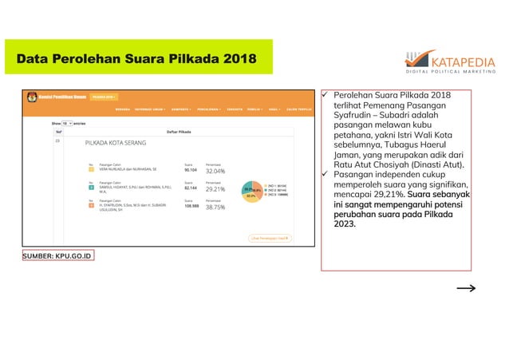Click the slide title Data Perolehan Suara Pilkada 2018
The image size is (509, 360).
click(x=136, y=60)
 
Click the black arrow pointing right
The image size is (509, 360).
click(x=467, y=289)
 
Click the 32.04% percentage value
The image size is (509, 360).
click(x=215, y=170)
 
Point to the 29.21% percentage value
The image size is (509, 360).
click(x=215, y=189)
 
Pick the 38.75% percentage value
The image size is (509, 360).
click(x=215, y=207)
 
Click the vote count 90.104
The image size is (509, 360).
click(x=191, y=170)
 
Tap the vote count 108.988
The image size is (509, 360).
click(x=191, y=206)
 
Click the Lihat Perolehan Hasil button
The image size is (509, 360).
click(x=270, y=237)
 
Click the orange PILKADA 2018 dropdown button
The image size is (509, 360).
click(x=104, y=97)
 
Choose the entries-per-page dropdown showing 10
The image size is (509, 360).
click(x=68, y=124)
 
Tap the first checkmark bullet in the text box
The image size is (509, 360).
click(x=326, y=96)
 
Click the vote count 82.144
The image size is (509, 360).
click(x=191, y=188)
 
